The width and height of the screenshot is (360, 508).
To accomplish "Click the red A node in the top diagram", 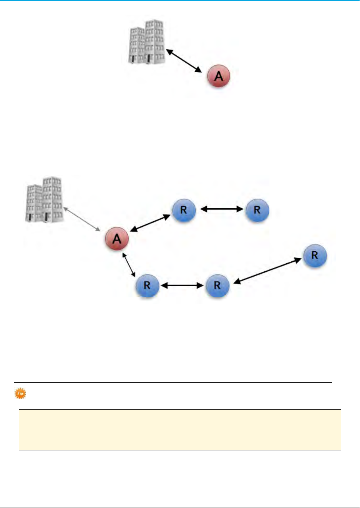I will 218,76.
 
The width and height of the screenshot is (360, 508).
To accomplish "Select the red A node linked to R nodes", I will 117,239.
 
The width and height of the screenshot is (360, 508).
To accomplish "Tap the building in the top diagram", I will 147,42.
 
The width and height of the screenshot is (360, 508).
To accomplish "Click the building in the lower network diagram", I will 44,199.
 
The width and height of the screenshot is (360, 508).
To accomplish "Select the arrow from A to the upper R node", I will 150,223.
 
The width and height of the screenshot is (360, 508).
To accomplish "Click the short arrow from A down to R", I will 129,265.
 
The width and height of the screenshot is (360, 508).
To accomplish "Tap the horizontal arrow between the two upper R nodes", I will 222,209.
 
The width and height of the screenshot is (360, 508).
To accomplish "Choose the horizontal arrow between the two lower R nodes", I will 182,286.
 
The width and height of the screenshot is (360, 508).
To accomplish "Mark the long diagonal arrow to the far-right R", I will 267,271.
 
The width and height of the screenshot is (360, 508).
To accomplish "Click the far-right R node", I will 315,256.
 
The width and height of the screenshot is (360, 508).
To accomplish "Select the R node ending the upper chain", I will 257,210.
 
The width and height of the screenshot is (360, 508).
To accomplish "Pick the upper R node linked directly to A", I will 184,210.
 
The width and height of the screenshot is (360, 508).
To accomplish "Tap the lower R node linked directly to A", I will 147,286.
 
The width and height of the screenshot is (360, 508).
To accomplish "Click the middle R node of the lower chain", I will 217,286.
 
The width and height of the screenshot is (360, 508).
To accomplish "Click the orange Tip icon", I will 20,393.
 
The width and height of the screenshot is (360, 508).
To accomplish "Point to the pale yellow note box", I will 180,429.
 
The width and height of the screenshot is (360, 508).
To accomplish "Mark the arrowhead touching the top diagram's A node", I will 198,70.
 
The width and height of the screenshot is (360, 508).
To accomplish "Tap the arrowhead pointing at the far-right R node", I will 298,260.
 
